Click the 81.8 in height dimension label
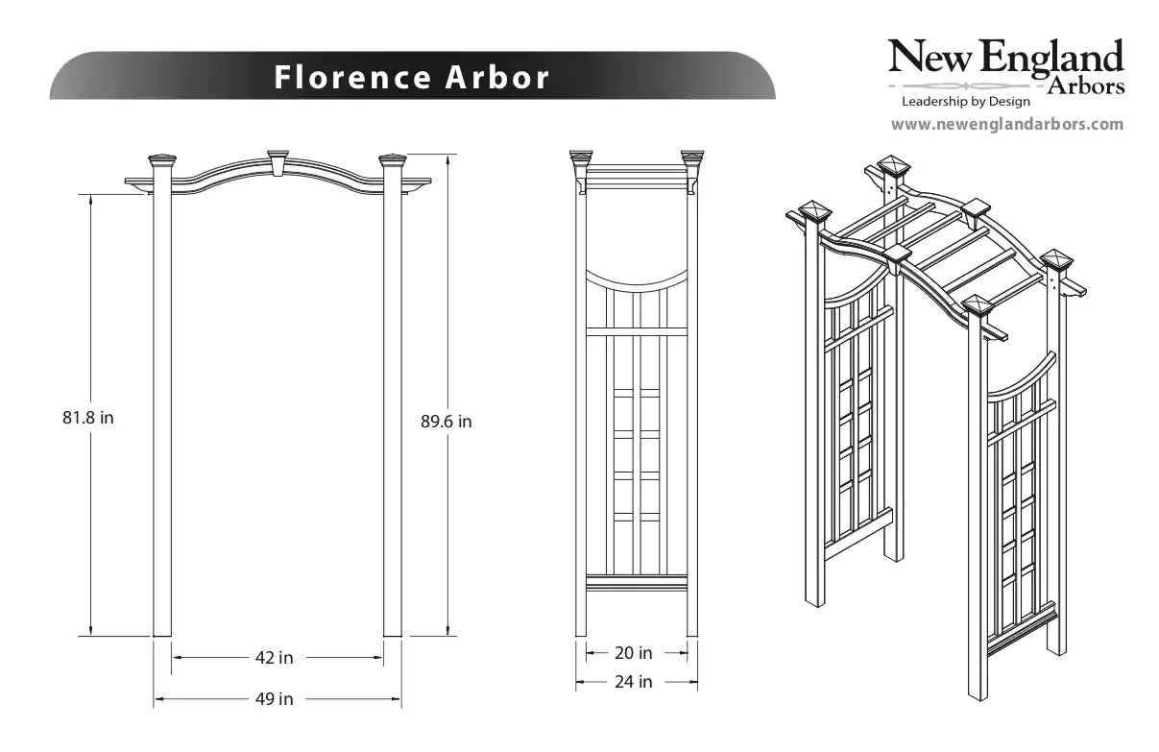click(88, 418)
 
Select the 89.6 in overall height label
click(447, 421)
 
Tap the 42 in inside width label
click(274, 658)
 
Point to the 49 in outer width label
click(274, 699)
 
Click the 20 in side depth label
click(633, 653)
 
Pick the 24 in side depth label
click(633, 682)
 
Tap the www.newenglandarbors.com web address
click(1006, 124)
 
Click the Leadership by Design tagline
click(965, 101)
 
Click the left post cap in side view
click(581, 156)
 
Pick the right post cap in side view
click(692, 156)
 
